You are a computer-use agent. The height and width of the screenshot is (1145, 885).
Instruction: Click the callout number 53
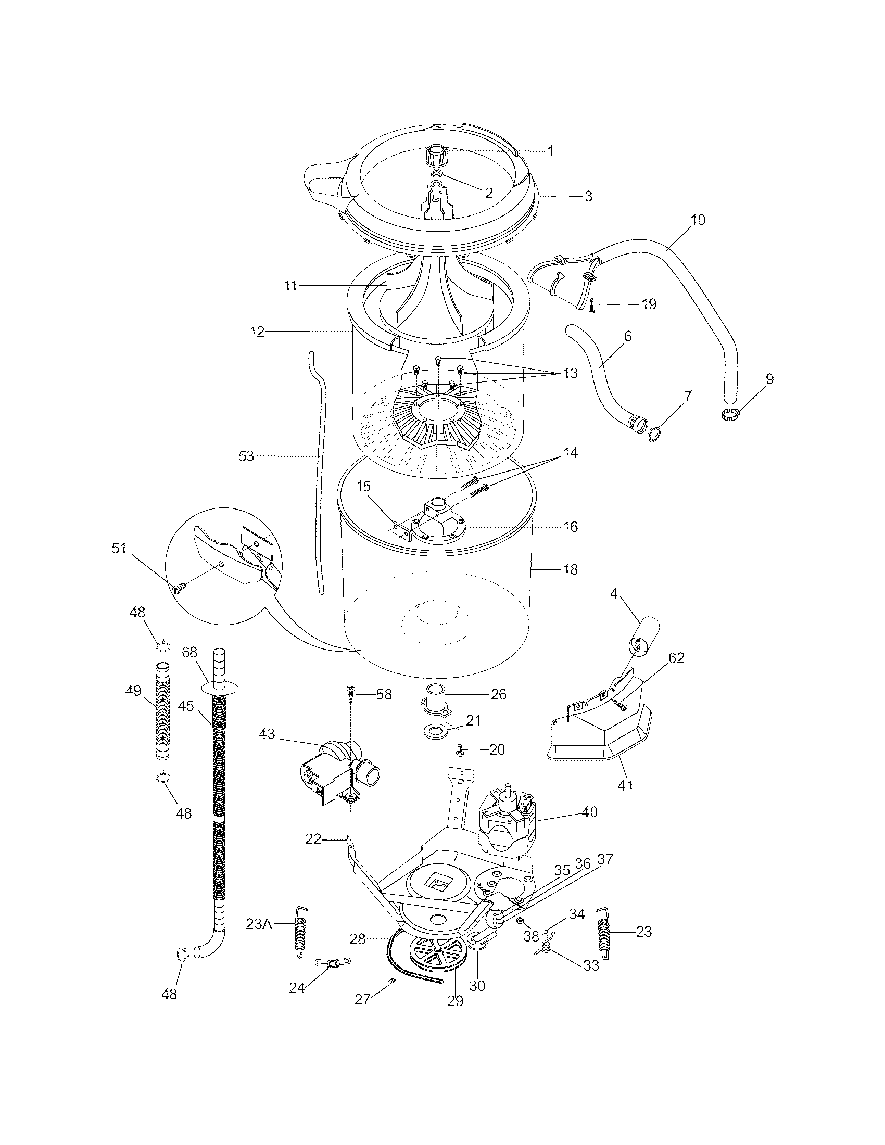pos(246,456)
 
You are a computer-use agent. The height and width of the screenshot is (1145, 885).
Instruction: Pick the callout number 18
pos(570,569)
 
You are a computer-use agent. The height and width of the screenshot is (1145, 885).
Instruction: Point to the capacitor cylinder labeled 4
pos(645,632)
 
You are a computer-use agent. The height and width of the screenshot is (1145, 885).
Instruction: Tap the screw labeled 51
pos(176,589)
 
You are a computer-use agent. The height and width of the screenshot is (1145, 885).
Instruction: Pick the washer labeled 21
pos(436,731)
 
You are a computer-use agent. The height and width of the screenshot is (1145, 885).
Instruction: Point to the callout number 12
pos(257,332)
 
